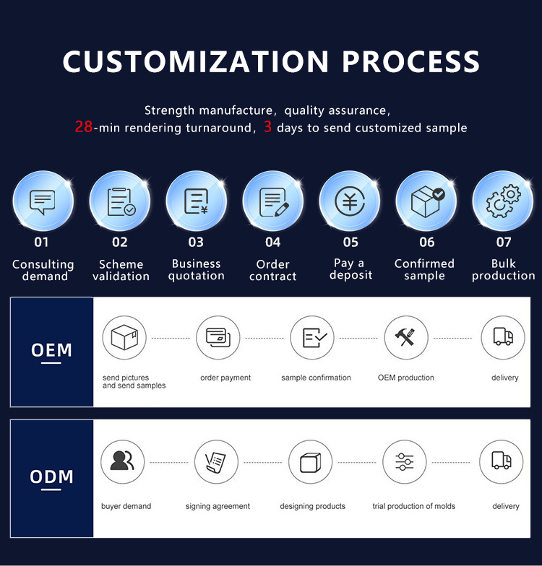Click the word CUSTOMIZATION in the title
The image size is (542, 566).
195,61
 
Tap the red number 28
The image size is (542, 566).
84,127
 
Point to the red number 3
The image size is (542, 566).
267,127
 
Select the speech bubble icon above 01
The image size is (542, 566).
43,202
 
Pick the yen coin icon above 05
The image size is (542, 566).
350,201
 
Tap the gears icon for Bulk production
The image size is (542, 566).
503,201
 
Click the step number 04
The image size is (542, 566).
273,243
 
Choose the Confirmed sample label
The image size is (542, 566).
425,270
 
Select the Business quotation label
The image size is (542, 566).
197,270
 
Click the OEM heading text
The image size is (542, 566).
51,350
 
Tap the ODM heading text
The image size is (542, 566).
51,476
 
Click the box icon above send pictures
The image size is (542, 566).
124,337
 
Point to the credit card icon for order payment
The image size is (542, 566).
218,338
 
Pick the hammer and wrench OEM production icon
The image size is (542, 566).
405,337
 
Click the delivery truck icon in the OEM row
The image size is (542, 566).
503,336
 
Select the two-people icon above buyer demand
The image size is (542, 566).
122,461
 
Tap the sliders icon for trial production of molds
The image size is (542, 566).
405,462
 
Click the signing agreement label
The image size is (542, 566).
218,507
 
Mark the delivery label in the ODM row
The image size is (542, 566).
506,507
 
